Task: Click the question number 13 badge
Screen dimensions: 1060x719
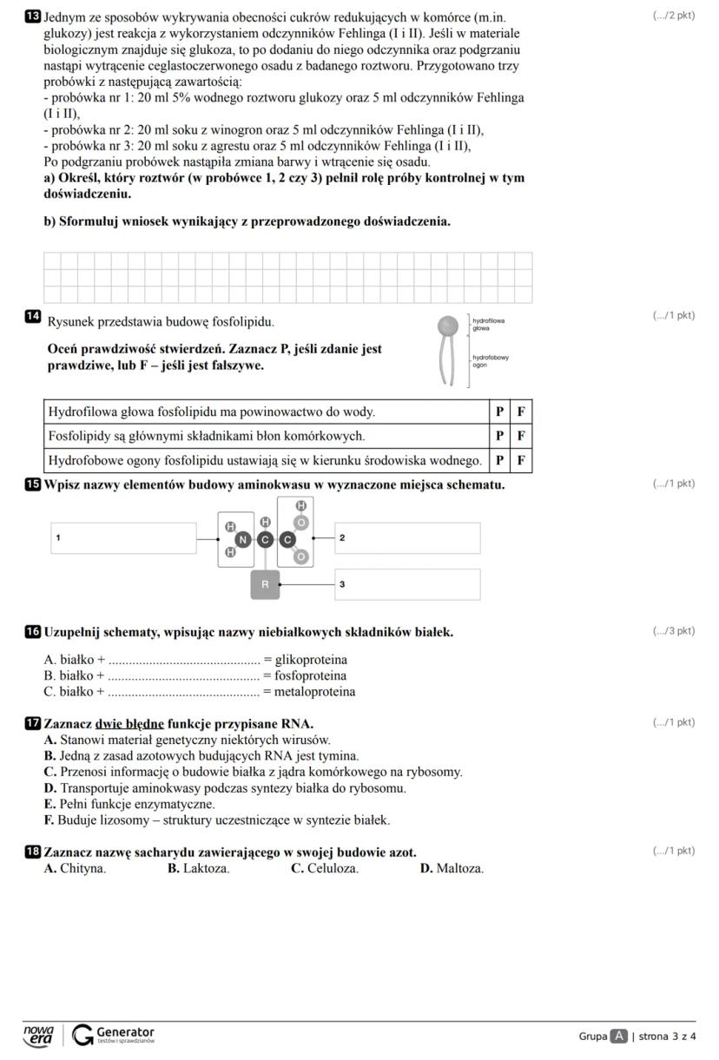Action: point(34,16)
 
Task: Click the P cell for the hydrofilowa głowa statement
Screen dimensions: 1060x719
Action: point(499,411)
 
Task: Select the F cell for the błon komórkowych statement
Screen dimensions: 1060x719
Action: point(521,436)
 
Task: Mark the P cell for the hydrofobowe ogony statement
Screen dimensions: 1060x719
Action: point(499,460)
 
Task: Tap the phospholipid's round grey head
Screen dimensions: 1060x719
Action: point(447,326)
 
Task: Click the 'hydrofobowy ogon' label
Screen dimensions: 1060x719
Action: point(490,360)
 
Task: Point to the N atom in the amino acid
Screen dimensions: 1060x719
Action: point(243,540)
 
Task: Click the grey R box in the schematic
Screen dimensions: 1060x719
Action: point(266,585)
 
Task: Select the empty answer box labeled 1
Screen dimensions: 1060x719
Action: point(123,538)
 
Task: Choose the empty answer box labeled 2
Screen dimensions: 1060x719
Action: point(407,538)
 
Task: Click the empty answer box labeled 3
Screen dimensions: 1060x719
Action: point(407,584)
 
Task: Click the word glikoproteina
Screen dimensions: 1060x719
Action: point(311,660)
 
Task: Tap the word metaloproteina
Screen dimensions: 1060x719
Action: point(314,692)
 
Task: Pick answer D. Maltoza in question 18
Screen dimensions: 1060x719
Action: point(452,868)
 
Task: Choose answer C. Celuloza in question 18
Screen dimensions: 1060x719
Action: point(325,868)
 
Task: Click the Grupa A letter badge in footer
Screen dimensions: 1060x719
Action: point(618,1036)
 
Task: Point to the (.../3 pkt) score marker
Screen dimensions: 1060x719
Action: point(673,631)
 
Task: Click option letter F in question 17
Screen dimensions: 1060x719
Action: point(49,820)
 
